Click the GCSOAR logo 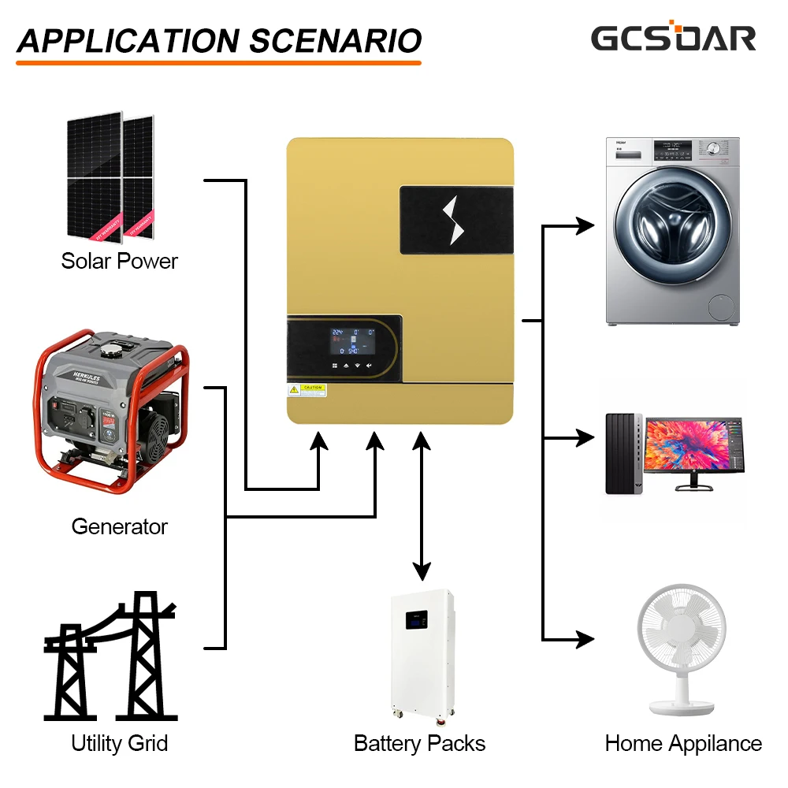click(673, 37)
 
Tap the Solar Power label click(120, 261)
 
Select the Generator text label click(120, 526)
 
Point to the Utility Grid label click(120, 743)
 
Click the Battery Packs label click(419, 743)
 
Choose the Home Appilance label click(683, 743)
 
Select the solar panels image click(110, 177)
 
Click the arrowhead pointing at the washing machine click(584, 225)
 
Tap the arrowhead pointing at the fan click(584, 638)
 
